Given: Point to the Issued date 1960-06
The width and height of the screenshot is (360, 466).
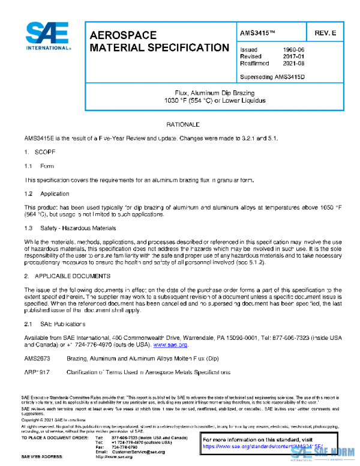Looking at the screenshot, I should coord(293,50).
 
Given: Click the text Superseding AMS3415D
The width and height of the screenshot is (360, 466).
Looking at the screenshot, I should coord(272,76).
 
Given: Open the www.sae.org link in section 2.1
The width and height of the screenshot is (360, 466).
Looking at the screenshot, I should coord(170,345).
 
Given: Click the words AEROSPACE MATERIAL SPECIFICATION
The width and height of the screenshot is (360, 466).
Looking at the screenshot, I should coord(158,41).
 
